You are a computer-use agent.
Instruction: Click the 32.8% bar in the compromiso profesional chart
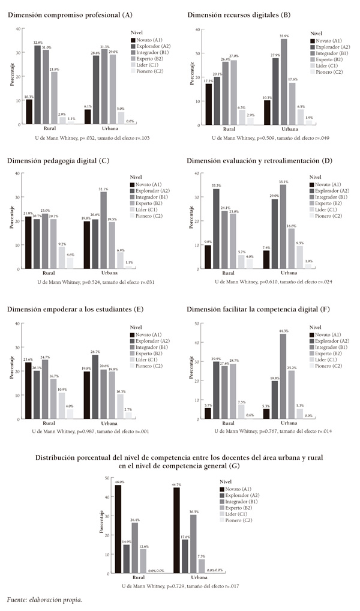pyautogui.click(x=37, y=85)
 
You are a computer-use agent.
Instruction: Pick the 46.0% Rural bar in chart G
pyautogui.click(x=118, y=528)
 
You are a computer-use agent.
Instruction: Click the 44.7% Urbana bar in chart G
pyautogui.click(x=176, y=530)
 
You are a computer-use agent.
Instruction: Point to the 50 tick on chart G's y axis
pyautogui.click(x=107, y=478)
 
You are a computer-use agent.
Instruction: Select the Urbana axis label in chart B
pyautogui.click(x=289, y=129)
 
